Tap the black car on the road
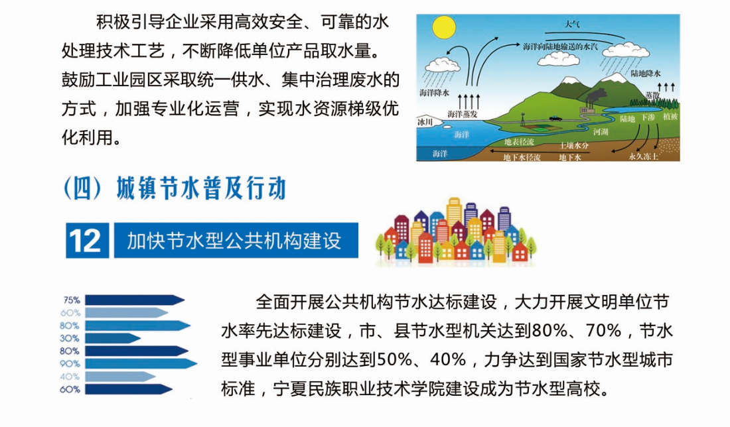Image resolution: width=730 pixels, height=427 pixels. click(x=555, y=118)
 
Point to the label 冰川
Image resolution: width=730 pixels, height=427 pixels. click(x=425, y=122)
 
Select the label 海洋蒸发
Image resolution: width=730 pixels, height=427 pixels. click(x=463, y=114)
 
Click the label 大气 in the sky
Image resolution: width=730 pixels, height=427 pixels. click(x=572, y=24)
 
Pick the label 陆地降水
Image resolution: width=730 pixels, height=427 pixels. click(x=646, y=74)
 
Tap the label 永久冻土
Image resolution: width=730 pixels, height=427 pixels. click(x=644, y=156)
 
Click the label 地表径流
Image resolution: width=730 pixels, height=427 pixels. click(x=519, y=141)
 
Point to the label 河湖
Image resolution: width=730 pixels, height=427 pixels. click(x=601, y=132)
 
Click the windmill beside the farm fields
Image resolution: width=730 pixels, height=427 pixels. click(x=524, y=120)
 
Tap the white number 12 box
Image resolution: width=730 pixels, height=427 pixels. click(x=88, y=241)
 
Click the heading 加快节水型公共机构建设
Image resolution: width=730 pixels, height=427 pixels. click(x=234, y=241)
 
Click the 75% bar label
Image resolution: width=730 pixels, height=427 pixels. click(x=71, y=300)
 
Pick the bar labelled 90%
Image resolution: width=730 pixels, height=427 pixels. click(x=141, y=363)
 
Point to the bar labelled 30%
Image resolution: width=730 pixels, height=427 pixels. click(x=113, y=338)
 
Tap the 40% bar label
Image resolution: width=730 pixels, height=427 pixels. click(x=70, y=377)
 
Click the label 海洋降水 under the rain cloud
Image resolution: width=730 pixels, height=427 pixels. click(x=435, y=93)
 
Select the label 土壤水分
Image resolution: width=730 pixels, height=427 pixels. click(x=574, y=146)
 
